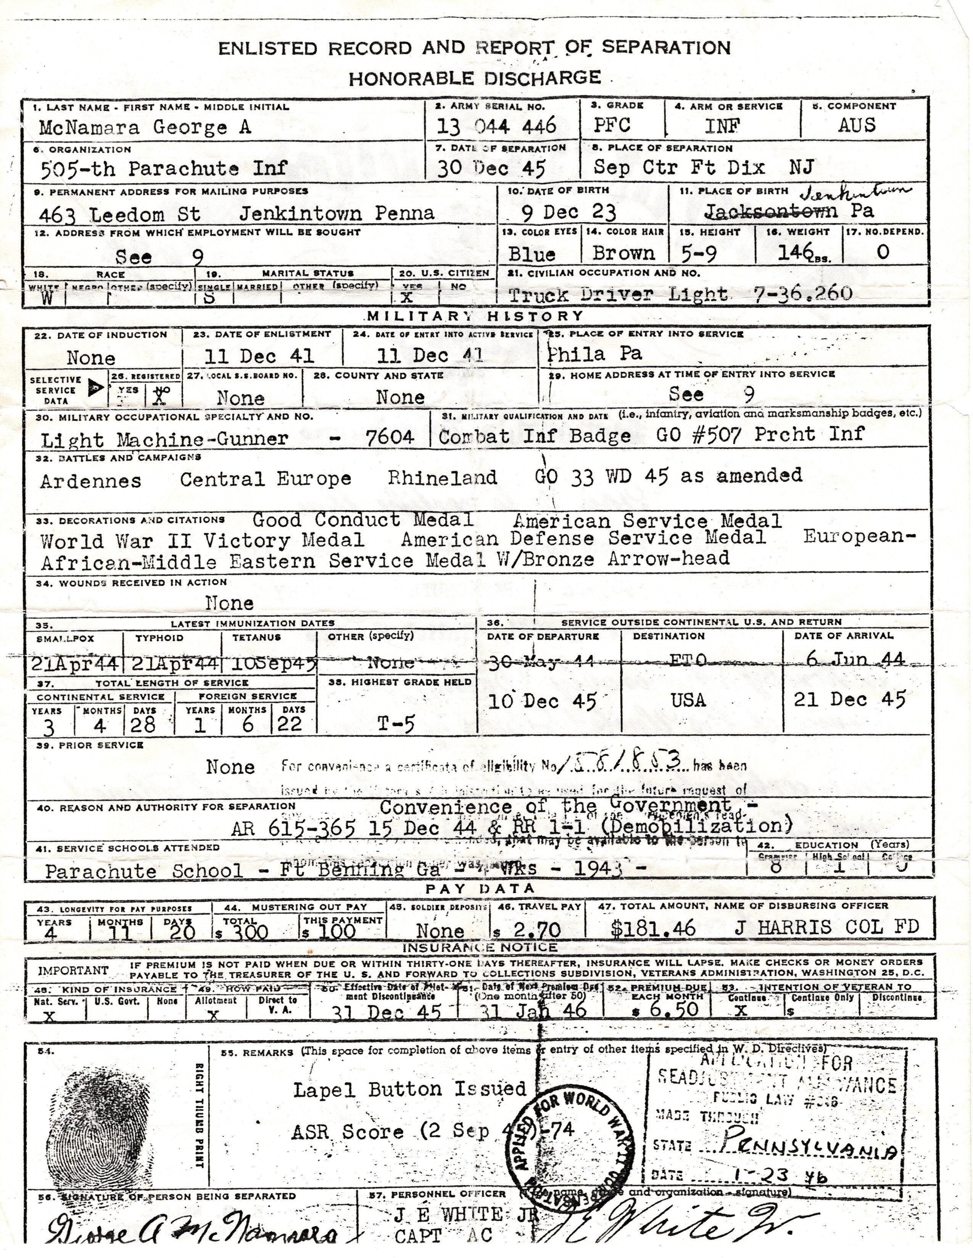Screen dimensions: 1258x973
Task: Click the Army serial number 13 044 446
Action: click(x=496, y=125)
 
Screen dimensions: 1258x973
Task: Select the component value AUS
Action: click(x=857, y=125)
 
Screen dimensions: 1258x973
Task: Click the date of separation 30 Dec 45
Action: click(x=491, y=168)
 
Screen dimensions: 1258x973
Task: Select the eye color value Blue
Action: click(x=532, y=254)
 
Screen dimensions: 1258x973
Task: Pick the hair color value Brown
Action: click(x=624, y=253)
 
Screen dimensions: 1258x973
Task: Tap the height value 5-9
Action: click(x=698, y=254)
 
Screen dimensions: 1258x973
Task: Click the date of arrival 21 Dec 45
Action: click(x=850, y=699)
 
